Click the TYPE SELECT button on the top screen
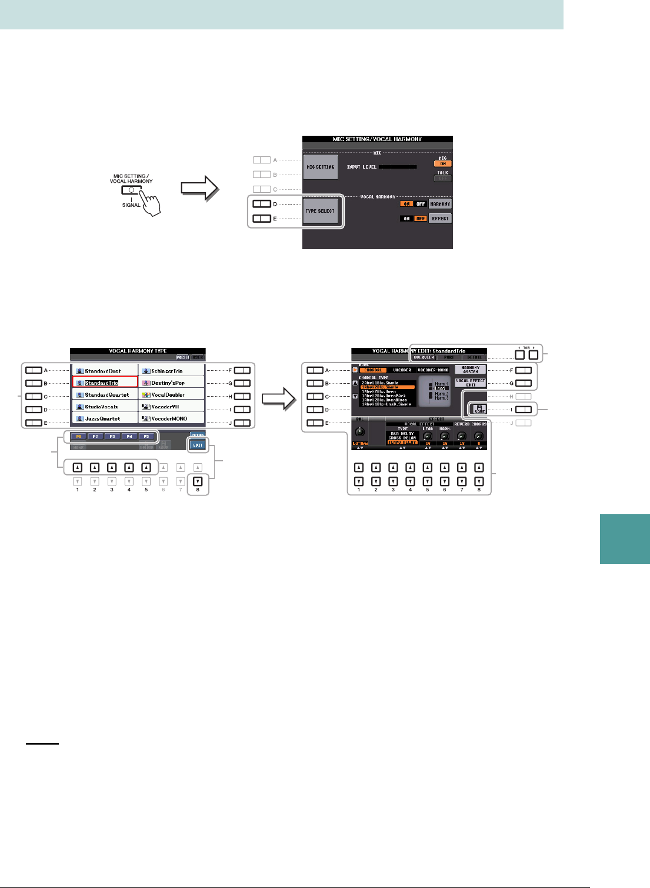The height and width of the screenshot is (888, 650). click(320, 211)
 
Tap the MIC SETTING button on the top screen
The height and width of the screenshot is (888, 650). click(320, 167)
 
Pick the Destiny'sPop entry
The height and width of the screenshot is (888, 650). click(171, 383)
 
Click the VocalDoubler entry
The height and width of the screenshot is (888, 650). click(171, 395)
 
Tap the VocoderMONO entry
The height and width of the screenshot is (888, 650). click(171, 418)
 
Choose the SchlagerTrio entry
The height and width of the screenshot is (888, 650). click(171, 371)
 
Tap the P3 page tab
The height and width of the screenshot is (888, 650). click(112, 437)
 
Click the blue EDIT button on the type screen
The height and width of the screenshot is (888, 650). click(198, 445)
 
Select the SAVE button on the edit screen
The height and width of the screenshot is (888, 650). click(479, 409)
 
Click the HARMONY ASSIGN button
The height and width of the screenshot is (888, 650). click(471, 370)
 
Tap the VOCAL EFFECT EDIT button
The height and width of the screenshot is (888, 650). click(471, 383)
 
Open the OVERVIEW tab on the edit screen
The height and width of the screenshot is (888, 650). click(424, 357)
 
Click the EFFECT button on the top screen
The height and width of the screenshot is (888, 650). click(440, 218)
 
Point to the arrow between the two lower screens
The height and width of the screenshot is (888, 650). click(278, 399)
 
